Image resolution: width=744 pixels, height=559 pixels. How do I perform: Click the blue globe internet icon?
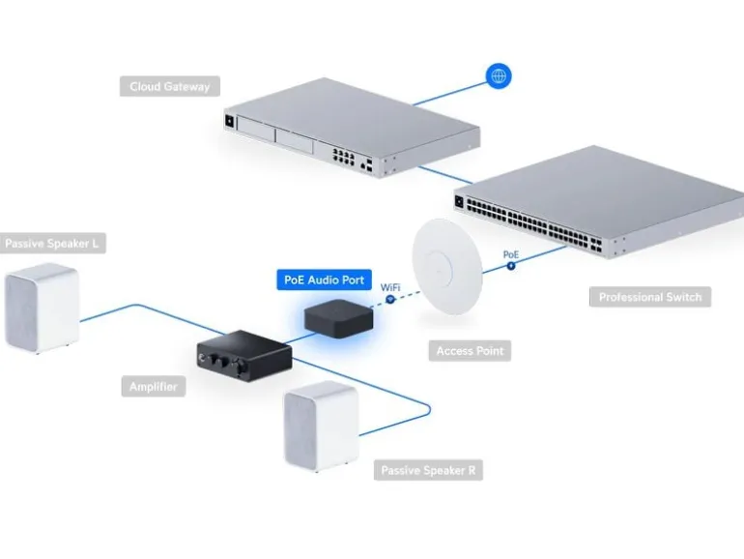click(x=499, y=76)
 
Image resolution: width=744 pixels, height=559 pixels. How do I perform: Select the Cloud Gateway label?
click(x=169, y=86)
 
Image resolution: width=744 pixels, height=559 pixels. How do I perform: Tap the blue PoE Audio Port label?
click(x=324, y=279)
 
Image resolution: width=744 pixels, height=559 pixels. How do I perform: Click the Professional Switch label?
click(x=650, y=297)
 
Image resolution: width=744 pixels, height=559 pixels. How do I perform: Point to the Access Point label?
click(x=470, y=351)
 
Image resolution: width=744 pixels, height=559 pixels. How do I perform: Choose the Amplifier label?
click(x=154, y=387)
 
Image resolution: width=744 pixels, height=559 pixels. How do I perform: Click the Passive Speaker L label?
click(x=52, y=244)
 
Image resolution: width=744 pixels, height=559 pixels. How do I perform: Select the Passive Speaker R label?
click(x=428, y=470)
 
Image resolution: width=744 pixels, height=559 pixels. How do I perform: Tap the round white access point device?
click(x=447, y=266)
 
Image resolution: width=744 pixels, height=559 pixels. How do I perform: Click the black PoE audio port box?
click(x=338, y=318)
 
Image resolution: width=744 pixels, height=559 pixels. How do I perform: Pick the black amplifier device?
click(x=244, y=356)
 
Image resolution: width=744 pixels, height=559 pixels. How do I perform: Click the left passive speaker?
click(x=42, y=308)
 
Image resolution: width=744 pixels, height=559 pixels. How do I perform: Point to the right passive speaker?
click(x=321, y=426)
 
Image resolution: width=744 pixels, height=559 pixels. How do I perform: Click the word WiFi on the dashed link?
click(x=390, y=287)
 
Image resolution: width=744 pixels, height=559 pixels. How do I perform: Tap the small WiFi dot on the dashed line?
click(x=390, y=300)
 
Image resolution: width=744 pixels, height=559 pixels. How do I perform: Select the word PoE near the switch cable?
click(x=511, y=254)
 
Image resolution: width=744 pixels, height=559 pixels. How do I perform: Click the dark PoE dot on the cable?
click(x=511, y=266)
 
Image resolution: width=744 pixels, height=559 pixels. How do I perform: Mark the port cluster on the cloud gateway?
click(x=344, y=157)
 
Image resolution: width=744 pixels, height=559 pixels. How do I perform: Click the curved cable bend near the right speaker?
click(x=428, y=409)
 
